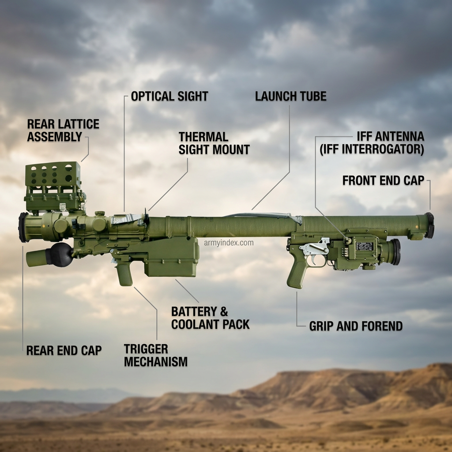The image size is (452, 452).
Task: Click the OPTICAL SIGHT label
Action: (x=169, y=96)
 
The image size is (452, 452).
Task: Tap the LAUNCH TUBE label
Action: (x=290, y=96)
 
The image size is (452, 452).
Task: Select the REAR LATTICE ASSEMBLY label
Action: (x=63, y=130)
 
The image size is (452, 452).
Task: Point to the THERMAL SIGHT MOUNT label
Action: (x=214, y=143)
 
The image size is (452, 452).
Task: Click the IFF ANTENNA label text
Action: (x=390, y=136)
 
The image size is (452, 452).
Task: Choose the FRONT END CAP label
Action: (x=383, y=181)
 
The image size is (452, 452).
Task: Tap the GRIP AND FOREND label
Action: (x=356, y=326)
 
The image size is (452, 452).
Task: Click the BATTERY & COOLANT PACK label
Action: (x=210, y=318)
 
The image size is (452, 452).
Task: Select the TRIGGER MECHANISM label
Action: (x=156, y=355)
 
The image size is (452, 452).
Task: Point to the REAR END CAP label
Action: (x=64, y=350)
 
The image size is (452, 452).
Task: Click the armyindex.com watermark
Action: (x=229, y=243)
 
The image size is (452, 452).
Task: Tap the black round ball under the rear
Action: (x=61, y=255)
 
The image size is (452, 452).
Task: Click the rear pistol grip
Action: (x=124, y=272)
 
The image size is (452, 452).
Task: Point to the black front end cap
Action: (x=429, y=226)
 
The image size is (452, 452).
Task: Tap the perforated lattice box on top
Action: (x=53, y=175)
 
